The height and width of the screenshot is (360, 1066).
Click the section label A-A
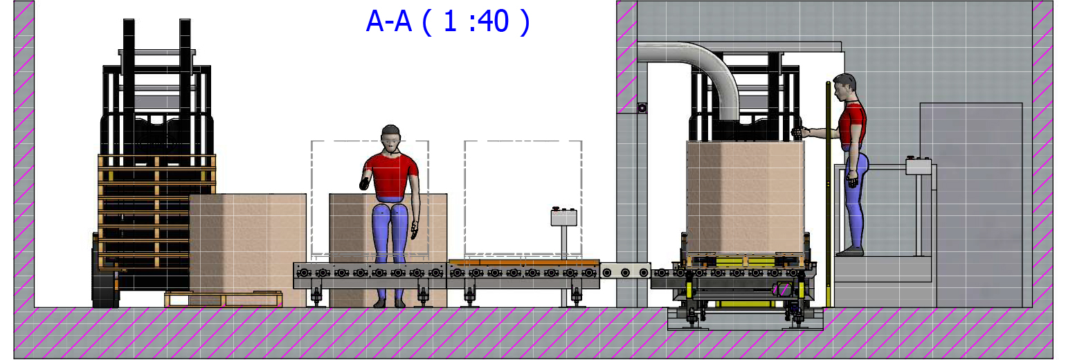click(388, 22)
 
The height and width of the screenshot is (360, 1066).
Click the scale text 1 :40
click(476, 22)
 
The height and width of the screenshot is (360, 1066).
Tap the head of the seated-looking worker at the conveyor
click(390, 138)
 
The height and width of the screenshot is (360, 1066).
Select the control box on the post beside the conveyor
click(564, 217)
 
